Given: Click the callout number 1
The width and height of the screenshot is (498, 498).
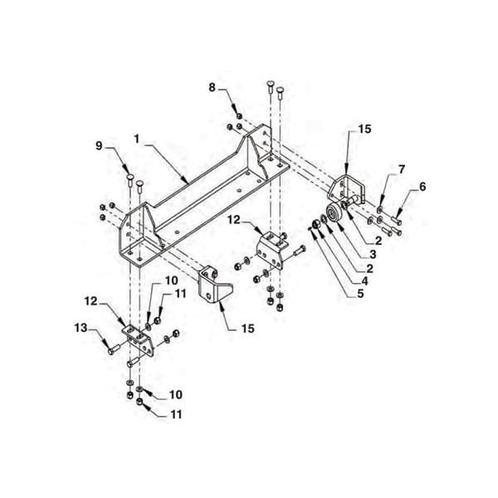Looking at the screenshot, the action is click(x=137, y=139).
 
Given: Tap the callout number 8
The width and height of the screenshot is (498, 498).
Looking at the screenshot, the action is click(x=212, y=87).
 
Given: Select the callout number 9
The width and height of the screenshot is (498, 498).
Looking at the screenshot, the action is click(x=99, y=146).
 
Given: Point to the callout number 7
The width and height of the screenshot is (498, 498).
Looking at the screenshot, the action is click(x=402, y=169).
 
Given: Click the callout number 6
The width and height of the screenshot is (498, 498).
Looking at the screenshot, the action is click(x=422, y=187).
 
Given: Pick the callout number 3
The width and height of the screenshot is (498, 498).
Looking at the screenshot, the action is click(x=372, y=255).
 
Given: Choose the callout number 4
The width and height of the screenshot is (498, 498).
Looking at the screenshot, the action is click(x=364, y=281).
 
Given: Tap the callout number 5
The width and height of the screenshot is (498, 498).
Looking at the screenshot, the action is click(x=360, y=294).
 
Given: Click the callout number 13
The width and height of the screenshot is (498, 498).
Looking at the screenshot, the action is click(x=81, y=328).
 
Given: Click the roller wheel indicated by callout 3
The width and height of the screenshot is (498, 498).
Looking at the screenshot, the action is click(x=334, y=213).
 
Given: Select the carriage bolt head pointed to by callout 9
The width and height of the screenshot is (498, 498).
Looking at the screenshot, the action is click(x=130, y=176).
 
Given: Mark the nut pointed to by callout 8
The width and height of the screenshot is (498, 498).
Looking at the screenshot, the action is click(x=240, y=115).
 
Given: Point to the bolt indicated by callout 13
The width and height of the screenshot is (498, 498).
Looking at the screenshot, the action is click(x=114, y=349).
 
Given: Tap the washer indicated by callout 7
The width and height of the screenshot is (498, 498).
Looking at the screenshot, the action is click(x=379, y=209).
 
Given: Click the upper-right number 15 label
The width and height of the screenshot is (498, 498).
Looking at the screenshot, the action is click(x=364, y=129).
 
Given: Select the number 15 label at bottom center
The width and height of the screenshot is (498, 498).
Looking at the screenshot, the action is click(x=247, y=329).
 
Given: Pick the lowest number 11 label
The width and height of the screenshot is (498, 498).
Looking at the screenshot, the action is click(x=176, y=414).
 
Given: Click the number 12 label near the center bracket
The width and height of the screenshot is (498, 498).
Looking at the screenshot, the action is click(x=234, y=219).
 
